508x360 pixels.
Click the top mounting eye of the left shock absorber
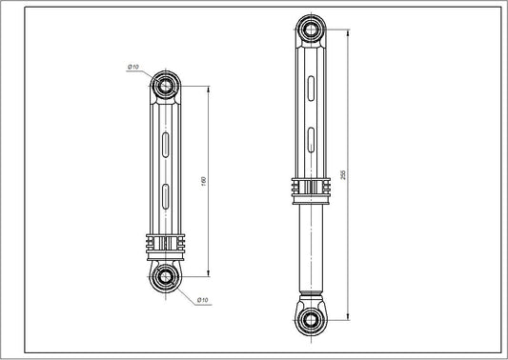[x=166, y=86]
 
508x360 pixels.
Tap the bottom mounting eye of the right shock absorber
[x=311, y=318]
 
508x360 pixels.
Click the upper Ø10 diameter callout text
[x=133, y=66]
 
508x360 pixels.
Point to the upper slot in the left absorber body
[x=166, y=146]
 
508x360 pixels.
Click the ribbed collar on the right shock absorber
[x=311, y=189]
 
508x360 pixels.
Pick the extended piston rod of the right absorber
[x=311, y=248]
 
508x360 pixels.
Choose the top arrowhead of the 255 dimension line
[x=349, y=31]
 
